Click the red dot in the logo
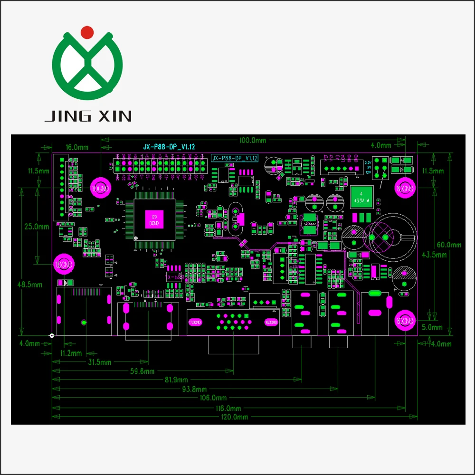coord(87,32)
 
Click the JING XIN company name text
coord(88,116)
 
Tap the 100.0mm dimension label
coord(252,140)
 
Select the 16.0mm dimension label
coord(77,148)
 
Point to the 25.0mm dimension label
coord(37,227)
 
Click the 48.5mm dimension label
coord(29,285)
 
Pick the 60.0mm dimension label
coord(449,245)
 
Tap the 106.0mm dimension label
coord(214,398)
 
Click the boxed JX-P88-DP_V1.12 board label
coord(235,158)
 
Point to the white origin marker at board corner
coord(52,336)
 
